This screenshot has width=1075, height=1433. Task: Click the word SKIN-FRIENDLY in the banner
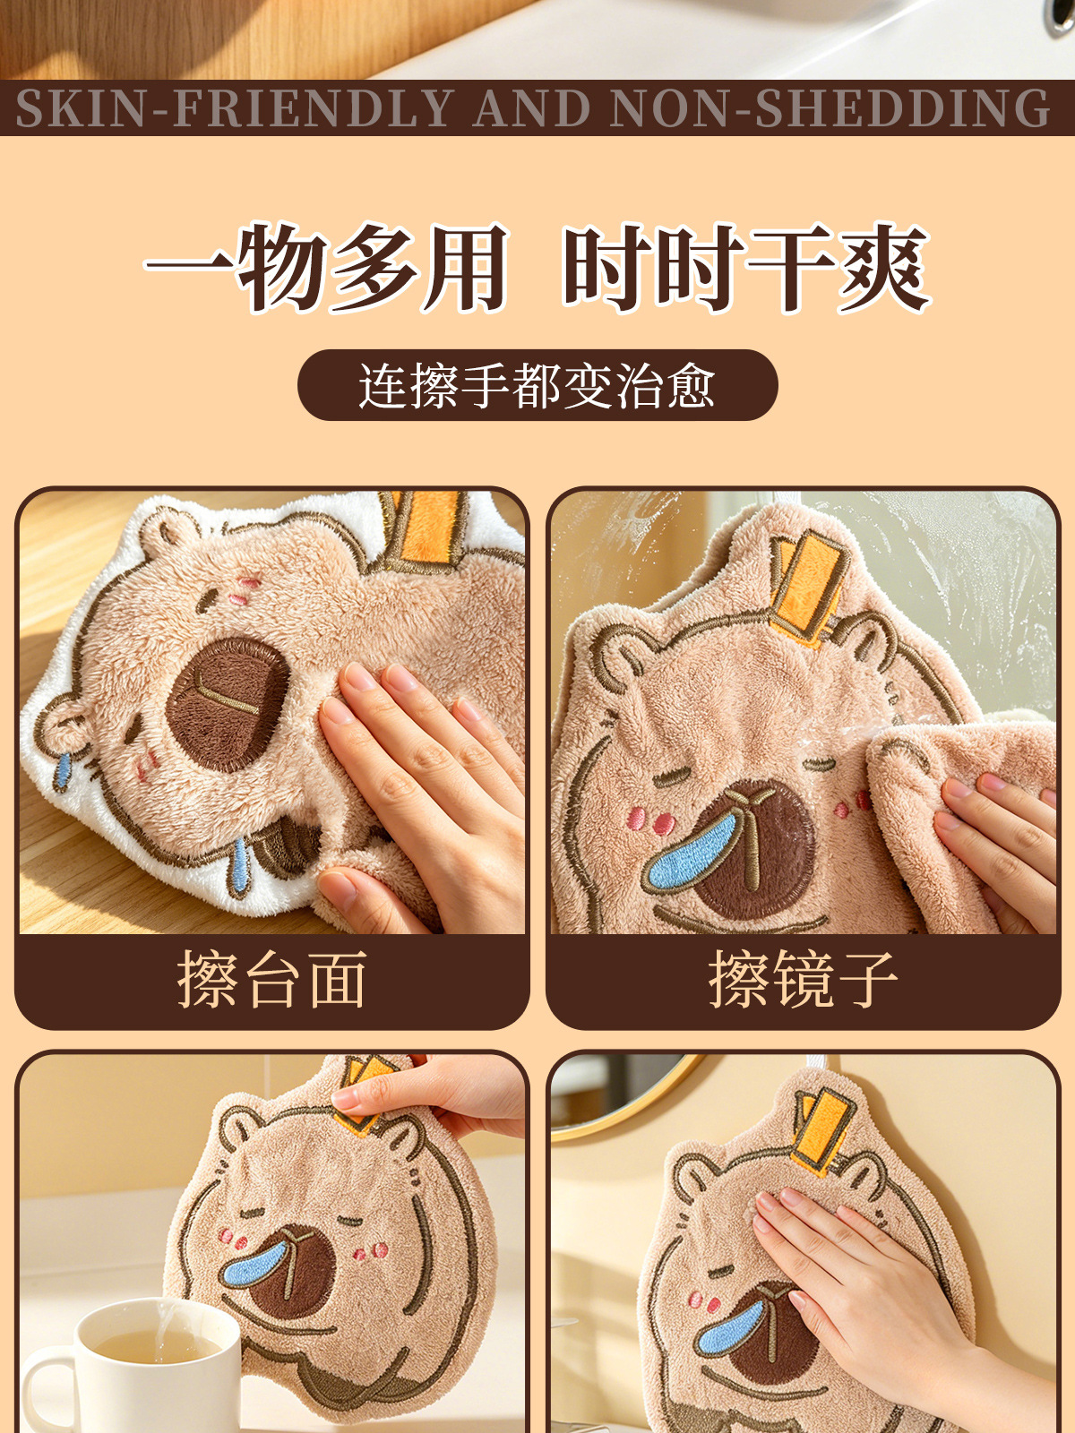[234, 107]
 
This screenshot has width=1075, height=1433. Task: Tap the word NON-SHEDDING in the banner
[830, 107]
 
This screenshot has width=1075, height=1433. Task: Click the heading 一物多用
[326, 268]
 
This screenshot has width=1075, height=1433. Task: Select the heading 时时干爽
[746, 268]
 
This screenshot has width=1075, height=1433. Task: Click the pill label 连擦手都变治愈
[537, 385]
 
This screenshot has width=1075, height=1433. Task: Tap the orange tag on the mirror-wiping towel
[809, 588]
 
